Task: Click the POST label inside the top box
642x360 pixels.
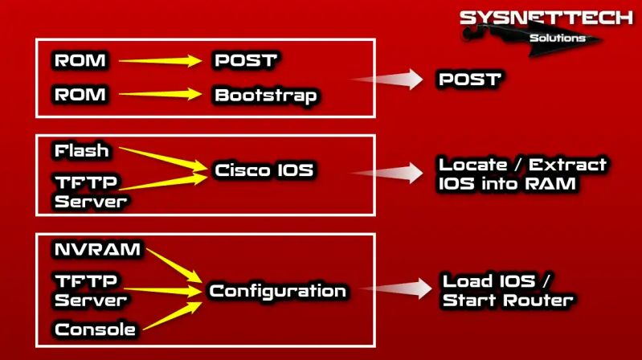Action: coord(245,60)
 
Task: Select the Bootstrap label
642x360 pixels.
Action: coord(266,95)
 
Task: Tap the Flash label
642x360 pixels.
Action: coord(81,150)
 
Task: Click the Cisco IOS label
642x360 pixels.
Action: coord(264,170)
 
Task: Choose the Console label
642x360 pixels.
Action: coord(94,329)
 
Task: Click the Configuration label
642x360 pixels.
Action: coord(277,291)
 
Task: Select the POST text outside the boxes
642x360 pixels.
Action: coord(469,80)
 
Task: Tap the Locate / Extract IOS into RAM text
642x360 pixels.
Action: coord(522,174)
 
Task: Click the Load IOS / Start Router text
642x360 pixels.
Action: coord(508,292)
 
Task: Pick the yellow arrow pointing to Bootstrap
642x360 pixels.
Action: coord(160,94)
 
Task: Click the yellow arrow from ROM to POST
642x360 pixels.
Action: coord(160,60)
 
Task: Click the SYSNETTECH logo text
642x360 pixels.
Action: coord(546,18)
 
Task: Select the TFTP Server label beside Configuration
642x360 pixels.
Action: coord(91,290)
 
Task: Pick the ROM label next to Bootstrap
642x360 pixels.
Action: coord(80,95)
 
